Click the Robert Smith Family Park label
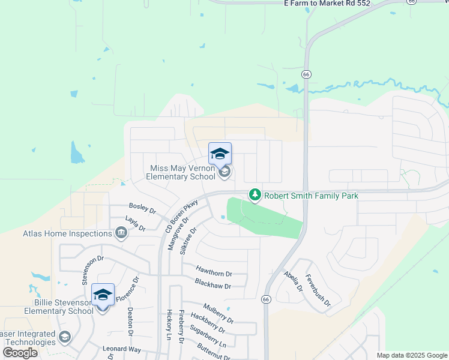[x=311, y=196]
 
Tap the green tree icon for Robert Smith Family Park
[x=256, y=194]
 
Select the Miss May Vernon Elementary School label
[x=182, y=173]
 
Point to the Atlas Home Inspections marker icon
[x=121, y=233]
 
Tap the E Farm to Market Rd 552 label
[x=327, y=4]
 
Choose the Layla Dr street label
[x=135, y=224]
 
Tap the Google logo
[x=20, y=353]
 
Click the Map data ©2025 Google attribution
[x=411, y=355]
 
